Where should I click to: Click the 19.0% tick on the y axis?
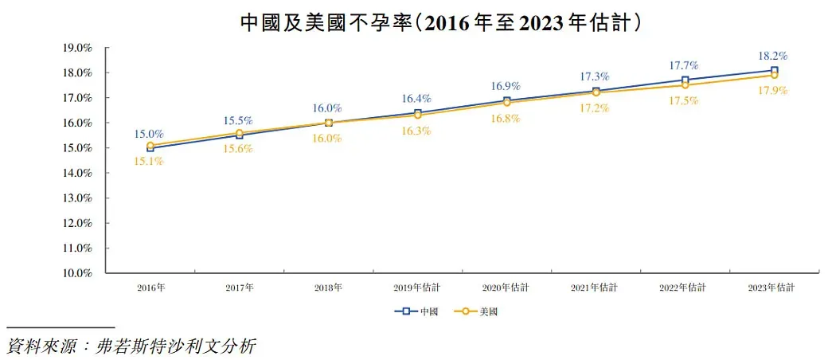point(77,48)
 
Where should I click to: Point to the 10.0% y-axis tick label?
point(77,273)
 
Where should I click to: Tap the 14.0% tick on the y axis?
point(77,173)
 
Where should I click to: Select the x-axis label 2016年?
point(151,287)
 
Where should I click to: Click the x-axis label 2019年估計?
point(417,287)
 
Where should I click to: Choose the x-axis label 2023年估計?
point(774,287)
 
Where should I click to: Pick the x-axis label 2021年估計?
point(596,287)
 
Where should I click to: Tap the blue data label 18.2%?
point(773,57)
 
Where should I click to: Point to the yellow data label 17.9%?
point(773,91)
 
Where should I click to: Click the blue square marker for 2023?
point(774,71)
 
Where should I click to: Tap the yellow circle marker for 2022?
point(685,84)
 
